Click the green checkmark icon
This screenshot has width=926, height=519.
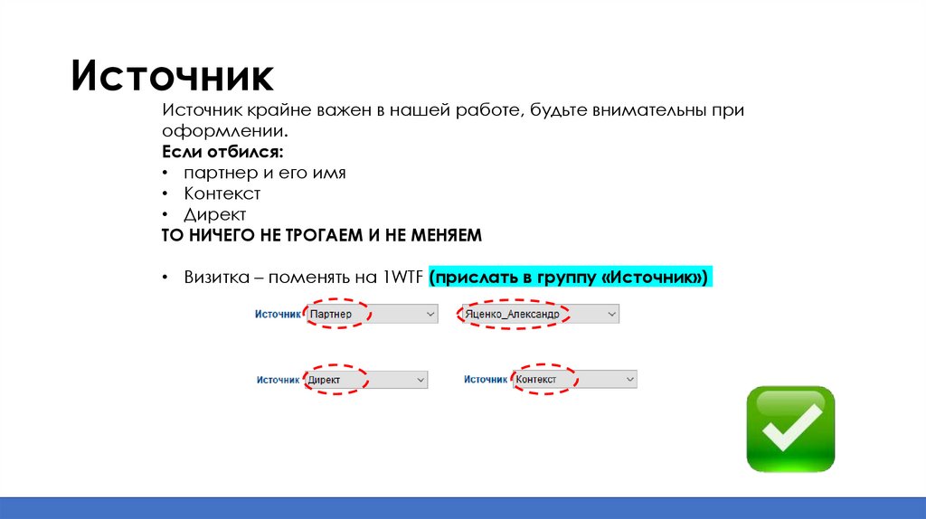[x=789, y=429]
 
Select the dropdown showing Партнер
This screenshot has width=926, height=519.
[x=370, y=314]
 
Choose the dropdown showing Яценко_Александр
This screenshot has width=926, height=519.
[x=539, y=314]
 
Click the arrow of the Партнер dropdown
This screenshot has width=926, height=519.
[x=429, y=314]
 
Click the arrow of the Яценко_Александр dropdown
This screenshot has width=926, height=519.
[x=611, y=314]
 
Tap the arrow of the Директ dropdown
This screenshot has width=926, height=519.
[x=420, y=381]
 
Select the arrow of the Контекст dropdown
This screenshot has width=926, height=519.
[x=628, y=380]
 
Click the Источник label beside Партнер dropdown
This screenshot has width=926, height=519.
[x=277, y=314]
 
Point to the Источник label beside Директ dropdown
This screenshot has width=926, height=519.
[x=278, y=381]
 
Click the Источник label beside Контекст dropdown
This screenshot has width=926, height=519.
[x=486, y=380]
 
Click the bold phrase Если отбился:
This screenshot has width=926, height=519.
[x=222, y=151]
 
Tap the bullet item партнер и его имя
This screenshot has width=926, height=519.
[x=264, y=172]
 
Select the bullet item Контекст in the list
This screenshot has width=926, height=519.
[x=222, y=193]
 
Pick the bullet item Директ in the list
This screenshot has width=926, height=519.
[x=214, y=214]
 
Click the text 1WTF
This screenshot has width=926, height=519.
[x=402, y=278]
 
